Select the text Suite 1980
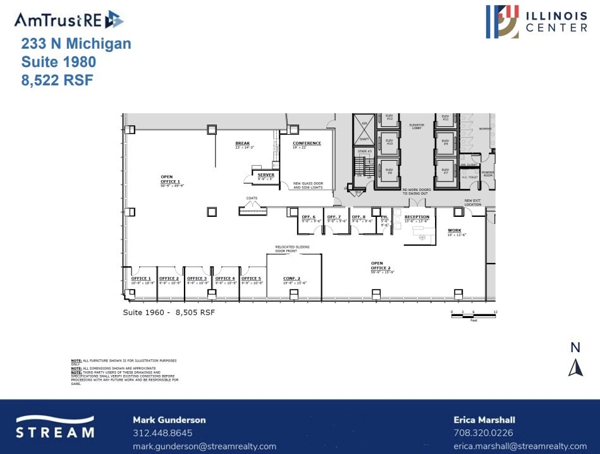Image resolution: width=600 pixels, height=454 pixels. [x=58, y=62]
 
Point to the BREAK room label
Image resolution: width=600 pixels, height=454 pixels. [x=243, y=145]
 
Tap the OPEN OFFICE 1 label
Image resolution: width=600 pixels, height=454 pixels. [x=169, y=180]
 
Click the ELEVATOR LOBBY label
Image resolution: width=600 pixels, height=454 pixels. [x=416, y=126]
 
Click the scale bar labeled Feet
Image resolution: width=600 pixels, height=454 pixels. [x=474, y=315]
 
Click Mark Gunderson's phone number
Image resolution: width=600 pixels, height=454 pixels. [x=162, y=433]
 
